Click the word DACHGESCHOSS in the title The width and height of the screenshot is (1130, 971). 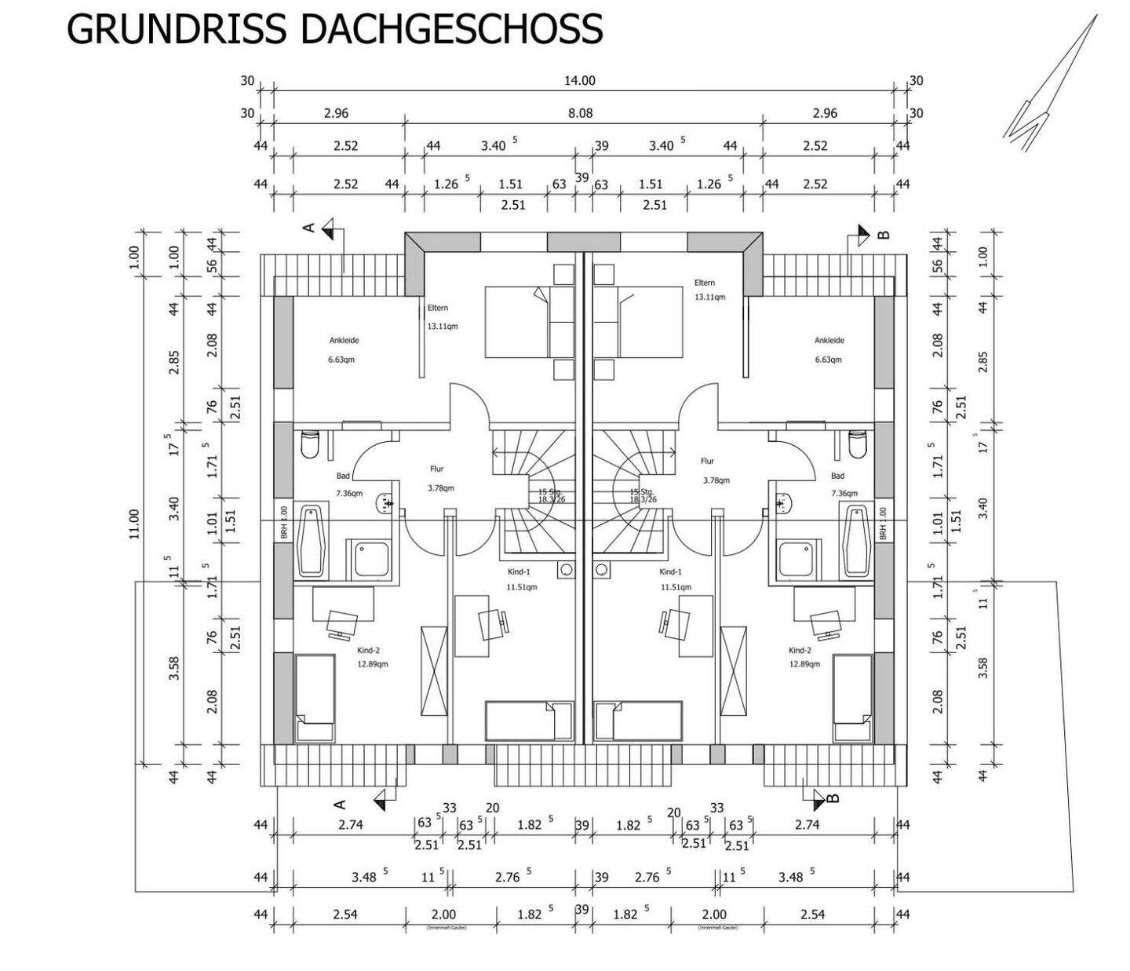pos(451,29)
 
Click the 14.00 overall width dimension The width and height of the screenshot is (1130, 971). pos(580,80)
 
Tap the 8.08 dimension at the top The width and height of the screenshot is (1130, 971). pos(580,113)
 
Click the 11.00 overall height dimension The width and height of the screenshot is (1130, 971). pos(133,524)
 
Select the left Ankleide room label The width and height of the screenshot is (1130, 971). pos(344,341)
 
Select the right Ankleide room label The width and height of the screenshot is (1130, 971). pos(829,341)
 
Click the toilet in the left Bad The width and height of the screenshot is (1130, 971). pos(310,444)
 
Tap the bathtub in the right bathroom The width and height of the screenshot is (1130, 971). pos(856,538)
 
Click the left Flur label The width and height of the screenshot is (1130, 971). pos(437,469)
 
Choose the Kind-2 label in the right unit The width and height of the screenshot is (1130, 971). pos(800,651)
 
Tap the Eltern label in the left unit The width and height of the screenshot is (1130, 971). pos(438,308)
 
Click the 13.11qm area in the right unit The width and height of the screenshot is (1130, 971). pos(709,298)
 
